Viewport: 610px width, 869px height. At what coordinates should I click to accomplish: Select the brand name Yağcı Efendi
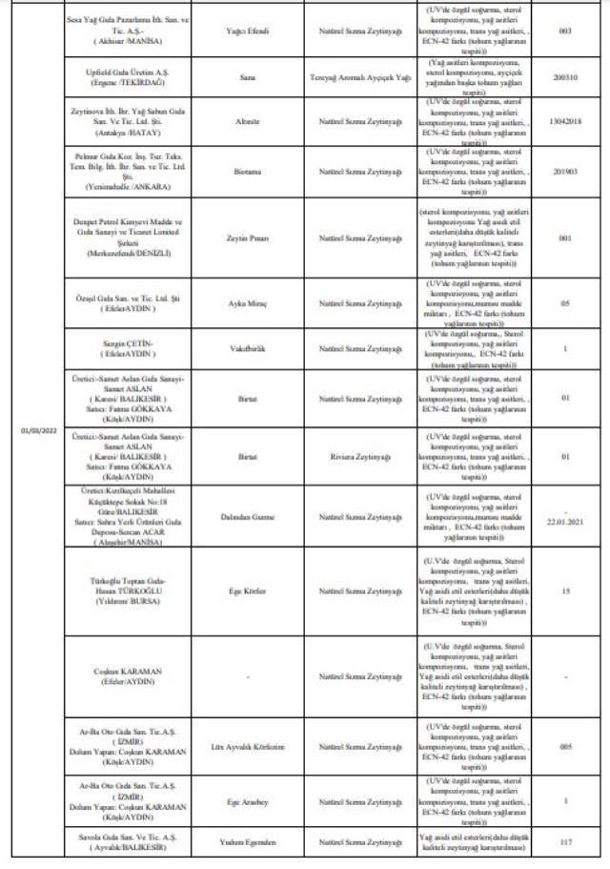[253, 31]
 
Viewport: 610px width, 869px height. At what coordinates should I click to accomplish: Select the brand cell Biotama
[253, 171]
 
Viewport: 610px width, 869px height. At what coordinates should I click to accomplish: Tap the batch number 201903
[565, 171]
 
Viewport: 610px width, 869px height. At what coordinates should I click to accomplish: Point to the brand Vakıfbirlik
[253, 349]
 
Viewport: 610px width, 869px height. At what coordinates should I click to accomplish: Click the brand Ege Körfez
[253, 591]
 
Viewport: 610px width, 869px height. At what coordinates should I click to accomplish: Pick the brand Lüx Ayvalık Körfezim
[253, 747]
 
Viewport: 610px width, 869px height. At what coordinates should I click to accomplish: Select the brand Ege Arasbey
[253, 801]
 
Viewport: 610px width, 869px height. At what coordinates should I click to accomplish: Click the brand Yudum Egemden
[253, 842]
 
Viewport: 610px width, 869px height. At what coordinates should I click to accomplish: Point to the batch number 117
[565, 842]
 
